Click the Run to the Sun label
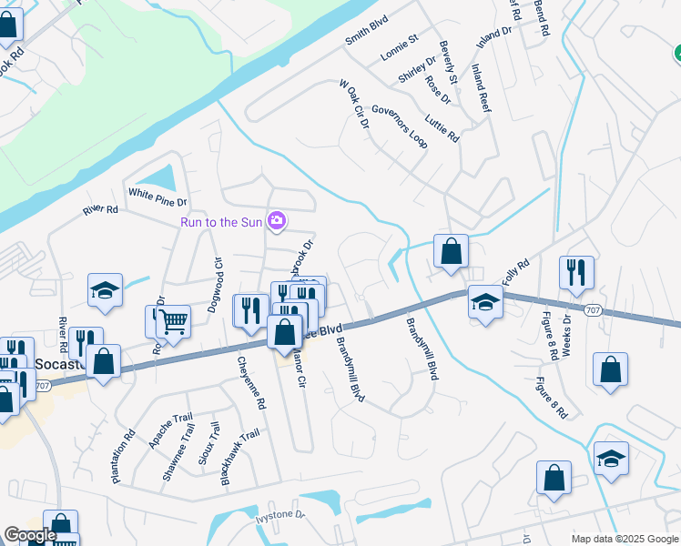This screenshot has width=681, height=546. click(x=220, y=221)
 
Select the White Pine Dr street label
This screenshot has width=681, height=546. click(x=158, y=193)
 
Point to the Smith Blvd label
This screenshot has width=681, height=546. click(x=367, y=35)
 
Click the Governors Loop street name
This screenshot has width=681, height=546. click(x=399, y=126)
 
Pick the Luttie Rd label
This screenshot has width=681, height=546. click(x=442, y=127)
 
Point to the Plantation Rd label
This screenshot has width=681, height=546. click(x=124, y=456)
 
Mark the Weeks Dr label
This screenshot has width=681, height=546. click(x=565, y=336)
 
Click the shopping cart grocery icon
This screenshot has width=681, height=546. click(x=173, y=320)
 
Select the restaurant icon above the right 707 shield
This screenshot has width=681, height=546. click(x=577, y=271)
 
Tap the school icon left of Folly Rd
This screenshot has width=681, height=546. click(x=485, y=301)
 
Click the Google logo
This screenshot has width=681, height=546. click(x=29, y=536)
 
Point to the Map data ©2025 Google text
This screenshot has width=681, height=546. click(x=624, y=539)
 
